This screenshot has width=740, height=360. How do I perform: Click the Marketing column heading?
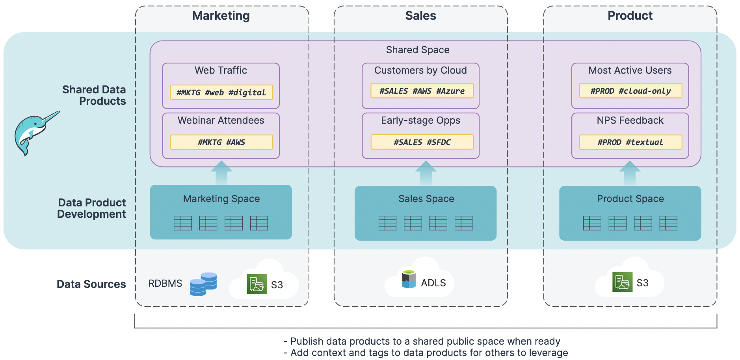221,16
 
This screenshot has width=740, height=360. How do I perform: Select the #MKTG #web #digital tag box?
221,92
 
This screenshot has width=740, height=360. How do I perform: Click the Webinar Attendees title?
221,121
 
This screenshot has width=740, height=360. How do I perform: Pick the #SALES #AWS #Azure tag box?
422,91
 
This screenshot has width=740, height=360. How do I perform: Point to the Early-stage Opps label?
420,121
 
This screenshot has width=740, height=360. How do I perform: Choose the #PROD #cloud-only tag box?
630,91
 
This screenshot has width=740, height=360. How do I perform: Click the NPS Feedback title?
630,121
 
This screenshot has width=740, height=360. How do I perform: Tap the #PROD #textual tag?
630,142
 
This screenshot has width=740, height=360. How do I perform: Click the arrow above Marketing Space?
221,173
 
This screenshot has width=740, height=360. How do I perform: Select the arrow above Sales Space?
426,173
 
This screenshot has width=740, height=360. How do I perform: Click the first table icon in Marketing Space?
183,223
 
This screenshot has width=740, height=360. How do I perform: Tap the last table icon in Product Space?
668,223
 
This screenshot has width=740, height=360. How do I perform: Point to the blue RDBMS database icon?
203,284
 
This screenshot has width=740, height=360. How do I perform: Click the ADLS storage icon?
409,279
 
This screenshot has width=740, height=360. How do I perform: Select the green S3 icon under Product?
622,282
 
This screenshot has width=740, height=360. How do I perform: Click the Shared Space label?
418,50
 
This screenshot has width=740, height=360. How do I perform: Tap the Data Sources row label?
91,284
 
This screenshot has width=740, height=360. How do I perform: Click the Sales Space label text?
426,199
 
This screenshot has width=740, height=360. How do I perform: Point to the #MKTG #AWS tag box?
221,142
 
